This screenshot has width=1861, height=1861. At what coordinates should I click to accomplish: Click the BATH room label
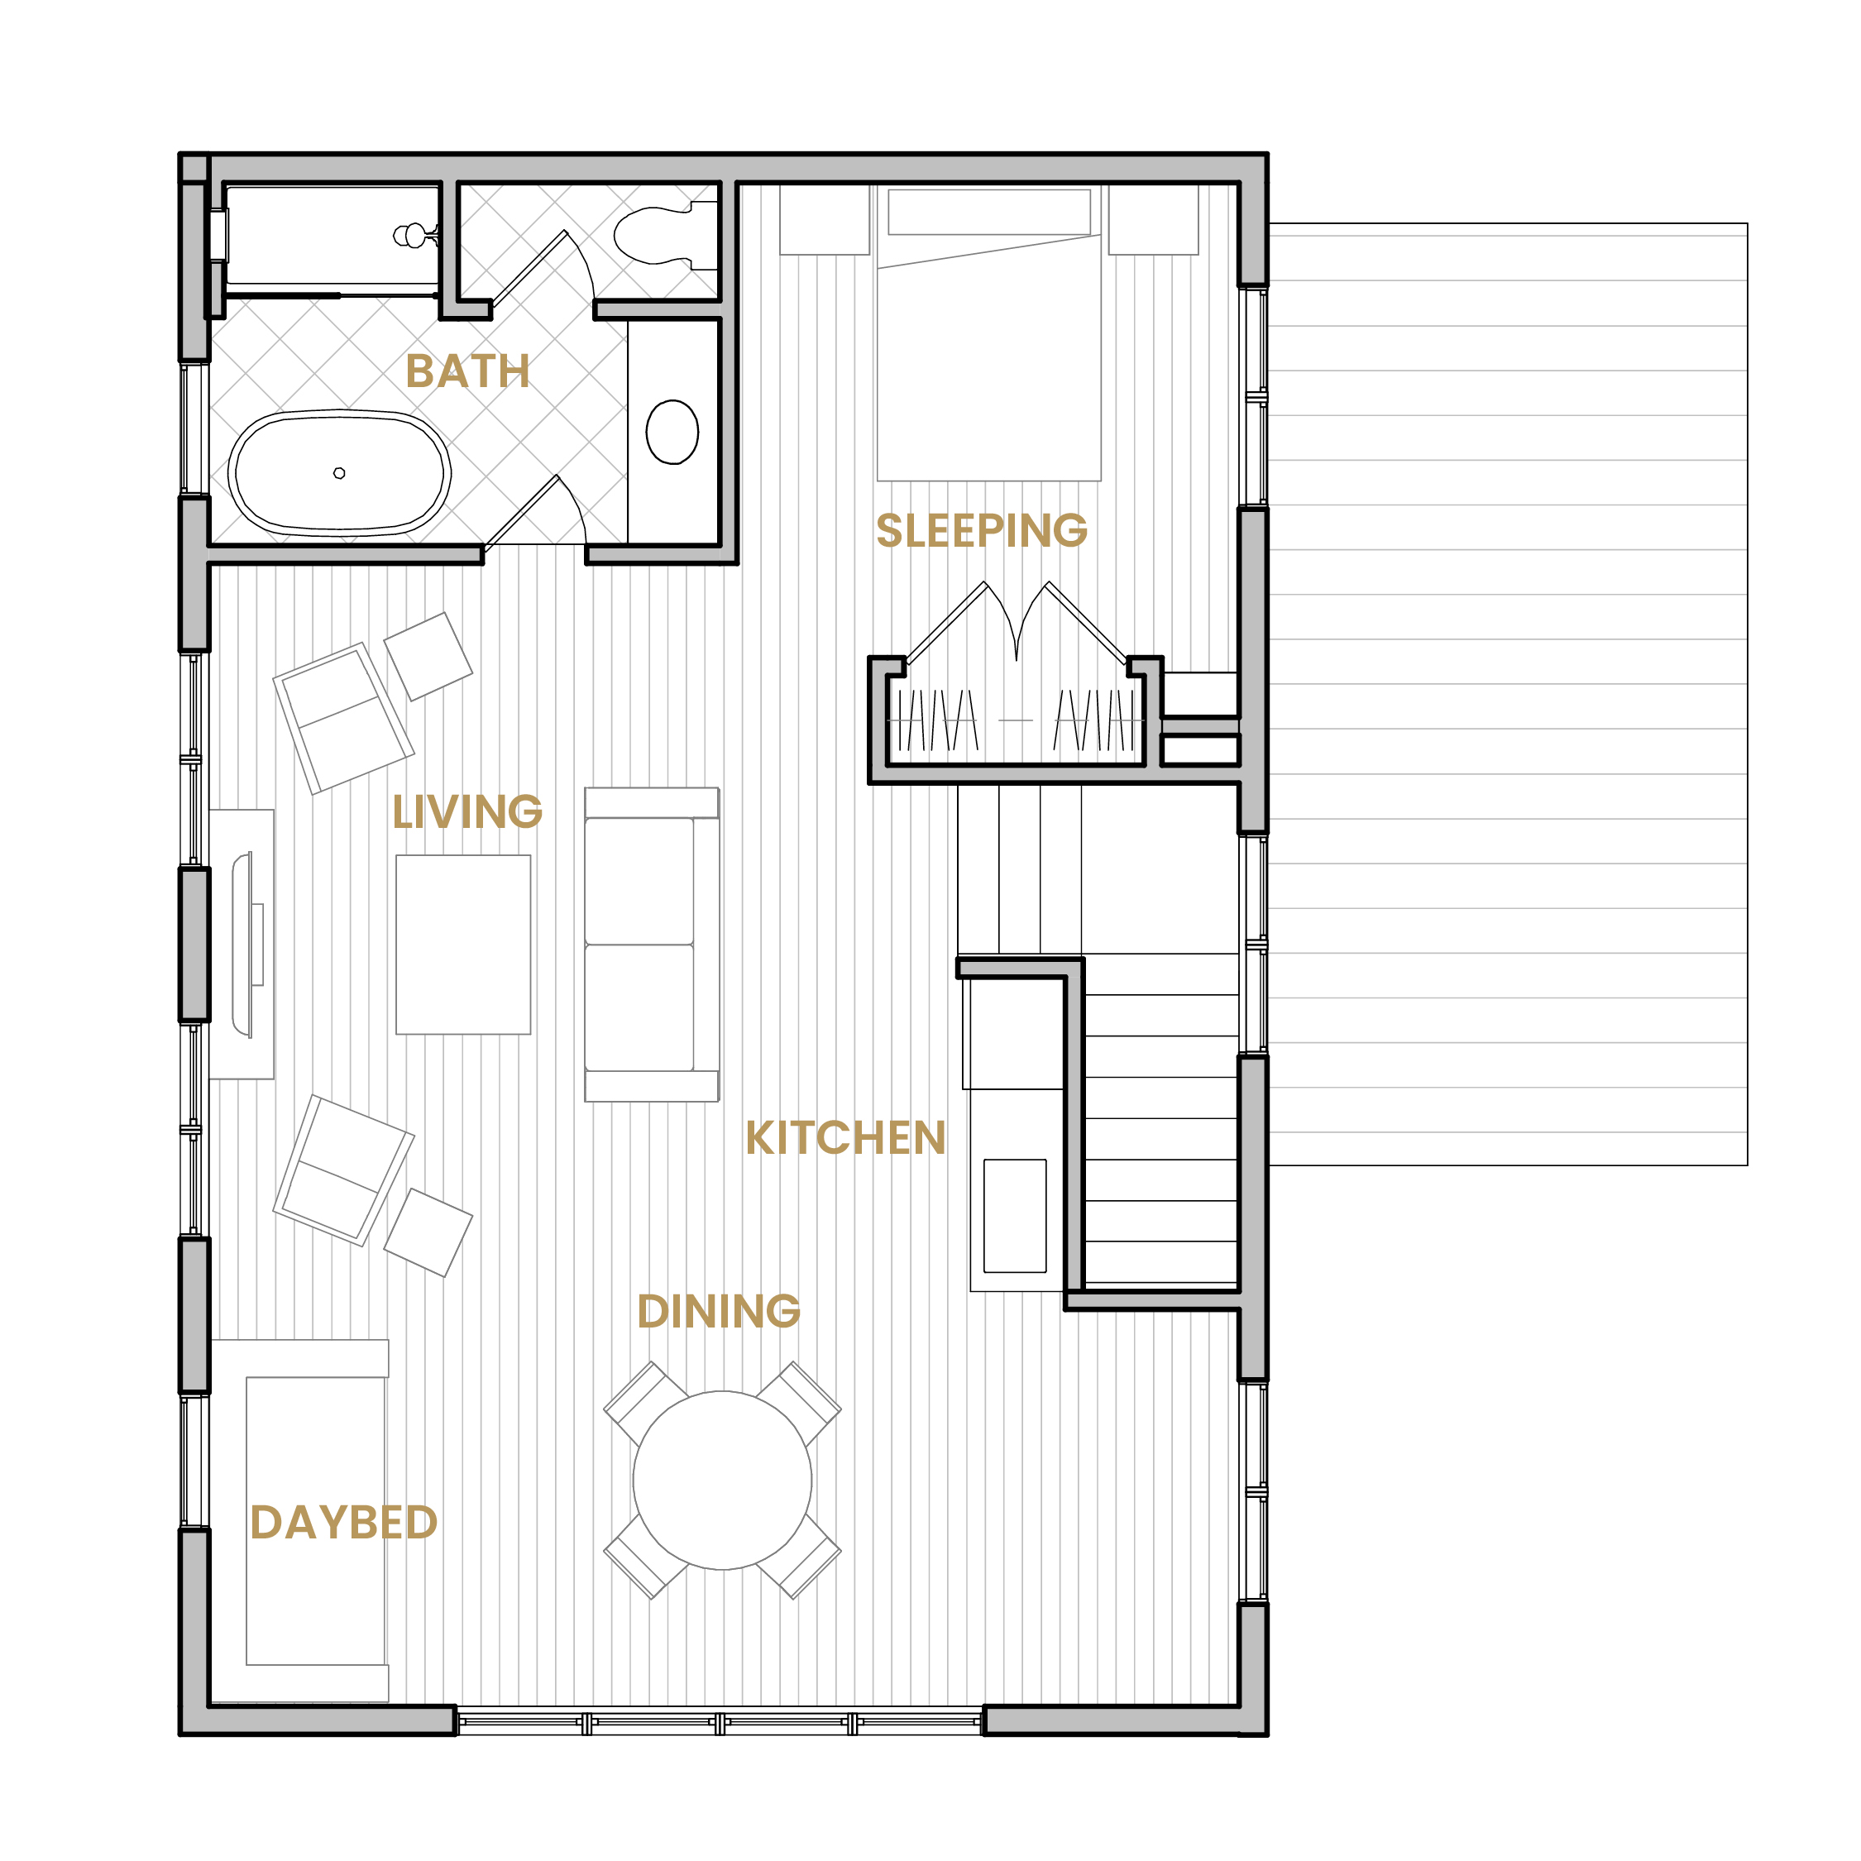(467, 371)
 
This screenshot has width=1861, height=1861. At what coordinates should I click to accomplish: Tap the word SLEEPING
(982, 531)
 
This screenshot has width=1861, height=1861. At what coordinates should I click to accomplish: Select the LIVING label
(467, 811)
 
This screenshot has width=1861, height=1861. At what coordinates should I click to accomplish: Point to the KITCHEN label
(844, 1137)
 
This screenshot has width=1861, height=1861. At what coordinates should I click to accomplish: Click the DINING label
(719, 1311)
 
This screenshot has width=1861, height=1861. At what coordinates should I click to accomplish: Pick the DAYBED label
(344, 1522)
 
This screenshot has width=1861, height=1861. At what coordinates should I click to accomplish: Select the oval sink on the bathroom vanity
(672, 432)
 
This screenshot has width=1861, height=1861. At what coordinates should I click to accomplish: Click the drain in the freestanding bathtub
(339, 473)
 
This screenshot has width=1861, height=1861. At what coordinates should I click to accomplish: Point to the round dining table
(722, 1481)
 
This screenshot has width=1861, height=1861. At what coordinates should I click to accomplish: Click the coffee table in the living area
(463, 945)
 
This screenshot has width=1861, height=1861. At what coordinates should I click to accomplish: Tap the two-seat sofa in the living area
(652, 945)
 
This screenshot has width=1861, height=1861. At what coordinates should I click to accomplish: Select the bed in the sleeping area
(989, 332)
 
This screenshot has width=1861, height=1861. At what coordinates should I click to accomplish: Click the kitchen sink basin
(1015, 1216)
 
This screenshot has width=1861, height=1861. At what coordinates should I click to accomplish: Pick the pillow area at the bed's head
(989, 212)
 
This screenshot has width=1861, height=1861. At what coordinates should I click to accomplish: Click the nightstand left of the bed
(825, 220)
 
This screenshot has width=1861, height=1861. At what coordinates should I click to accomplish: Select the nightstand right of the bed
(1154, 220)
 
